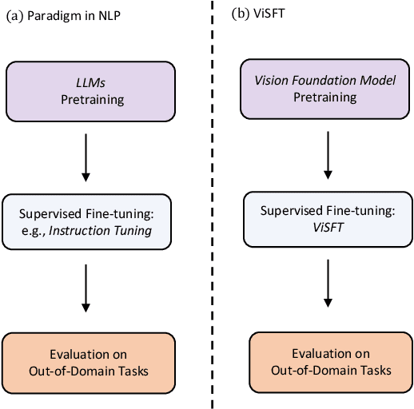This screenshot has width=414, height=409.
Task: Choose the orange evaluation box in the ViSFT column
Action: [330, 362]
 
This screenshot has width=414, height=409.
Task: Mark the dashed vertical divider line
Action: [213, 204]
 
